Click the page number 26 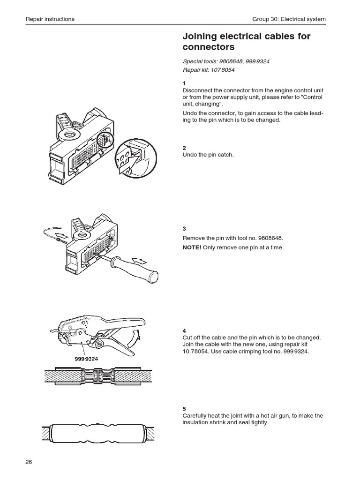[x=29, y=462]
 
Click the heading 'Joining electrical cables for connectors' [x=246, y=42]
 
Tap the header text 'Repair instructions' [x=50, y=19]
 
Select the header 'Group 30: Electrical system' [x=289, y=19]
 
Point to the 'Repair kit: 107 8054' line [x=209, y=70]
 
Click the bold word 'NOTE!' [x=192, y=247]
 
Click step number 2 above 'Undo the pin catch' [x=184, y=147]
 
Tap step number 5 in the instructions [x=184, y=409]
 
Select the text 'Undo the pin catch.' [x=208, y=155]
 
